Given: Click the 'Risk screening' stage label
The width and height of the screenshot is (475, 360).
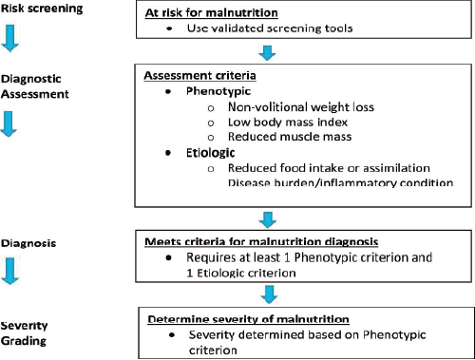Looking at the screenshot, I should click(x=35, y=9).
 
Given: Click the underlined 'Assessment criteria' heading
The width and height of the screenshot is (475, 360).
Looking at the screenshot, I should click(x=200, y=75).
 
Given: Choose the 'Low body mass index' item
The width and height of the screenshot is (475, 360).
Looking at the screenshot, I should click(x=283, y=126).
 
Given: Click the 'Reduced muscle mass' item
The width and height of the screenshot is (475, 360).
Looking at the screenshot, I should click(x=285, y=142).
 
